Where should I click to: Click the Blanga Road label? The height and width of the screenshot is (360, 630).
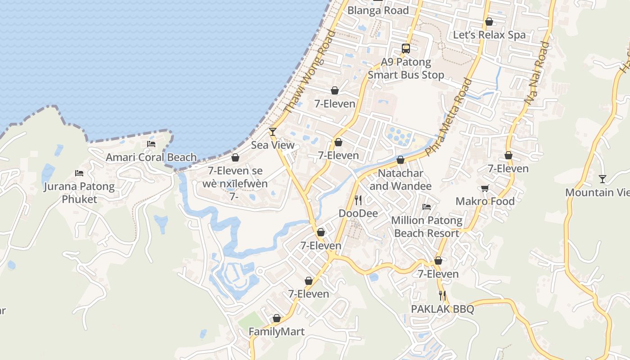378,10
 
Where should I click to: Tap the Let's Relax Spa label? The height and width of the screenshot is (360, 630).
489,35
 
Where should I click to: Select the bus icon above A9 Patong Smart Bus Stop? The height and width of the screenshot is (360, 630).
406,49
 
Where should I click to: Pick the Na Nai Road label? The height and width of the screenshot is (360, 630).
537,74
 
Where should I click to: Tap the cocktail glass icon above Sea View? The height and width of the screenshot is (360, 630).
272,131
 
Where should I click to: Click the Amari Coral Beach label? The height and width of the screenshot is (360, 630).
151,157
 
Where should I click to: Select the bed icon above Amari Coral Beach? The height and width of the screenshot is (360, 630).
151,144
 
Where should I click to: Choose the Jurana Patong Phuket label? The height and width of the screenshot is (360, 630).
79,193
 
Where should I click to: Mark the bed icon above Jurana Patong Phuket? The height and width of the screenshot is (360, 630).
79,173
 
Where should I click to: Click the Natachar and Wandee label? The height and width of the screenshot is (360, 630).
400,180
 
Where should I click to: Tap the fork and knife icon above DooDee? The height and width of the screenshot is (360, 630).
358,200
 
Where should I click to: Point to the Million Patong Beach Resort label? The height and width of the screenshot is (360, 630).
427,227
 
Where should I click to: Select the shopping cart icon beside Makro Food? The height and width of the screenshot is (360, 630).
485,188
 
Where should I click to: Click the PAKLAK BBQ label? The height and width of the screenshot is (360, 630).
443,309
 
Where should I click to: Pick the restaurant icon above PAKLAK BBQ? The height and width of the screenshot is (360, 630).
443,296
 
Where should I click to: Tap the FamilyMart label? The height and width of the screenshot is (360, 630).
277,332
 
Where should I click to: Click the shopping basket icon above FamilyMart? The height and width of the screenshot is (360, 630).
277,319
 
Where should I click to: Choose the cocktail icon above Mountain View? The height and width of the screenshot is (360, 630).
603,179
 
